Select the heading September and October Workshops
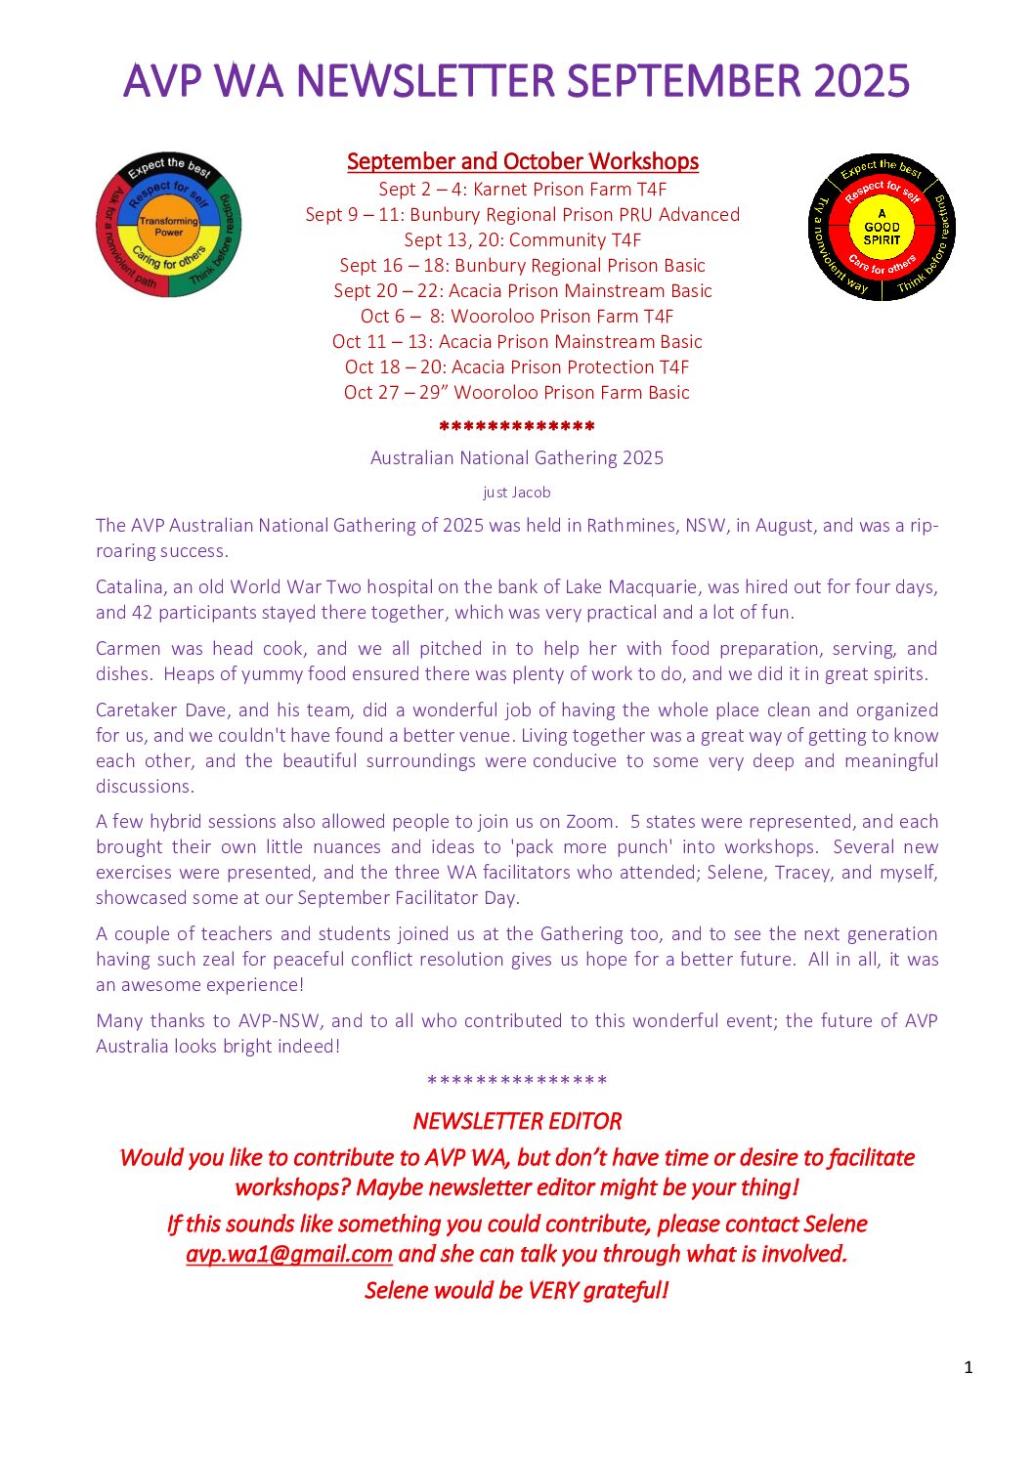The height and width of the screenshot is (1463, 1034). (523, 161)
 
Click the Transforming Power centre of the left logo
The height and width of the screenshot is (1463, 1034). (168, 226)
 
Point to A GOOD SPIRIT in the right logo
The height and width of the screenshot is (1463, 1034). (882, 227)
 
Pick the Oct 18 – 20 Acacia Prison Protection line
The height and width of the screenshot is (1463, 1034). (517, 367)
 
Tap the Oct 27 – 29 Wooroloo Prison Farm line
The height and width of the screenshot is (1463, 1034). (517, 393)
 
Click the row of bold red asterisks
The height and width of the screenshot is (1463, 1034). (517, 427)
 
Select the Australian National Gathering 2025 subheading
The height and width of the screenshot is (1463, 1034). (517, 458)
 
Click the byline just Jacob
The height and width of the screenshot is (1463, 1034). (517, 493)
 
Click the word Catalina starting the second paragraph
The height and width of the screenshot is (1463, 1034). (130, 587)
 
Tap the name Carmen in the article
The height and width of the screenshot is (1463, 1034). (128, 649)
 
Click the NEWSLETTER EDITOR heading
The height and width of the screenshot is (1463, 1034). (517, 1122)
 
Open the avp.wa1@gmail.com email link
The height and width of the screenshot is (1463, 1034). (289, 1255)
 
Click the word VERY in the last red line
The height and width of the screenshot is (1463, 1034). (554, 1291)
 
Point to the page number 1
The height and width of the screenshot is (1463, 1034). (969, 1368)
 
